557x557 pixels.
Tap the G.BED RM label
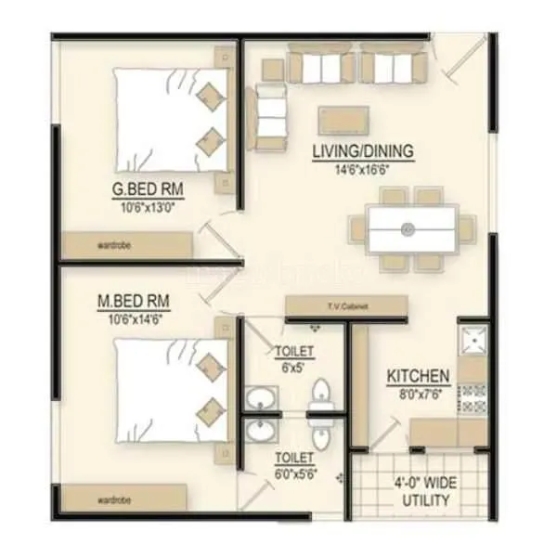(147, 192)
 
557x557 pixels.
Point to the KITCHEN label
(419, 377)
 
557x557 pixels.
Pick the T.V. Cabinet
(345, 307)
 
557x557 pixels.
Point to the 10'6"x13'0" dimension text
(147, 208)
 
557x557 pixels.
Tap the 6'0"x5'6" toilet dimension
(293, 473)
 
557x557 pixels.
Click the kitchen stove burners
(473, 398)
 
